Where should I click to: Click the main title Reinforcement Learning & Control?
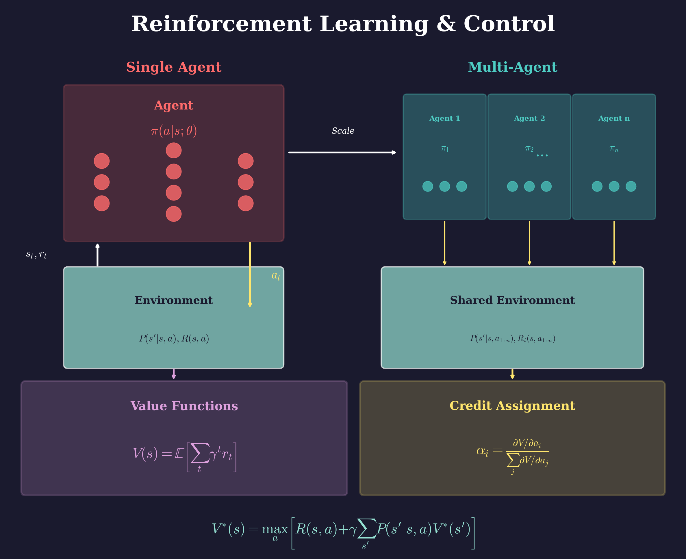[343, 25]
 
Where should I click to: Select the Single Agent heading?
[174, 67]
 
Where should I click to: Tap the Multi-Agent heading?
[512, 67]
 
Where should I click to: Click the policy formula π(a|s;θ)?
[174, 131]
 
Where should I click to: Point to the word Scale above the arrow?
[343, 131]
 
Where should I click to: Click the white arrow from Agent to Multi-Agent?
[342, 152]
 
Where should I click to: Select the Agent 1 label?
[444, 118]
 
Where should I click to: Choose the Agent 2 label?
[529, 118]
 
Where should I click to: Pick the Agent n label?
[613, 118]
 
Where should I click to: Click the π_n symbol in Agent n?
[613, 148]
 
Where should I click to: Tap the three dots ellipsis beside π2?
[542, 155]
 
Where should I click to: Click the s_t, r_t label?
[36, 255]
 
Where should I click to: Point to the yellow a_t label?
[276, 276]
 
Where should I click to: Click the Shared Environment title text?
[512, 300]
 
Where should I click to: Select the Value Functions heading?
[184, 406]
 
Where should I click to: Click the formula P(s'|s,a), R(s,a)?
[174, 338]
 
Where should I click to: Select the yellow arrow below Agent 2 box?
[529, 243]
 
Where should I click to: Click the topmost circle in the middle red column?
[174, 151]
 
